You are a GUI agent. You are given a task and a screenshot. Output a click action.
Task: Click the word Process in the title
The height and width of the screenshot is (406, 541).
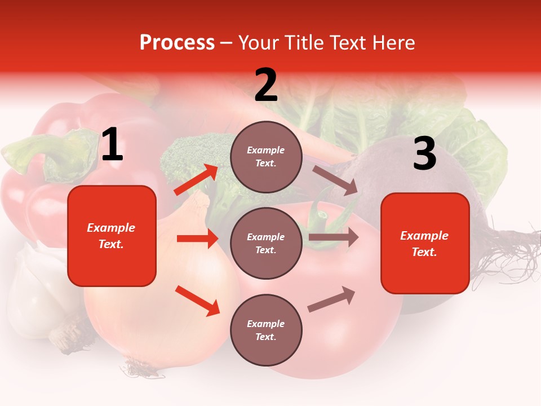pos(177,43)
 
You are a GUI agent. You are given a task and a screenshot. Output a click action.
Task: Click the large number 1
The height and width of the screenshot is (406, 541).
pos(112,145)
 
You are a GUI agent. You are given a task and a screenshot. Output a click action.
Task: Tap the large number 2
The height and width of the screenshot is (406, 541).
pos(266,85)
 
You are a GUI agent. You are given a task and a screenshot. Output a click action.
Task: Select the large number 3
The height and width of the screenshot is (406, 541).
pos(424,154)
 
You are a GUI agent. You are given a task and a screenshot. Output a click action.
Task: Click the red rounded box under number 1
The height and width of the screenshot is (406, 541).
pos(112,236)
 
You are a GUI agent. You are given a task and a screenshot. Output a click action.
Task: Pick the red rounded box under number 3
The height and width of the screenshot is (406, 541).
pos(425,243)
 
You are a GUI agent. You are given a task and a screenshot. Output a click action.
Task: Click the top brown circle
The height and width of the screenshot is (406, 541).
pos(266,157)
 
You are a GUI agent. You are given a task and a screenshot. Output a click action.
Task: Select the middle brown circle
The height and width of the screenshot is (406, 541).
pos(266,243)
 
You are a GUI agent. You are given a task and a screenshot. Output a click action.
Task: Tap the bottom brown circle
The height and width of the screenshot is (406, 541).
pos(266,330)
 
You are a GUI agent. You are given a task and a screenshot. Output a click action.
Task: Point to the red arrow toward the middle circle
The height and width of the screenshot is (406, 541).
pos(197,239)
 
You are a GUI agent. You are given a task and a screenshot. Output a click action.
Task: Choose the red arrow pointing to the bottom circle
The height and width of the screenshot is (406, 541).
pos(197,301)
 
